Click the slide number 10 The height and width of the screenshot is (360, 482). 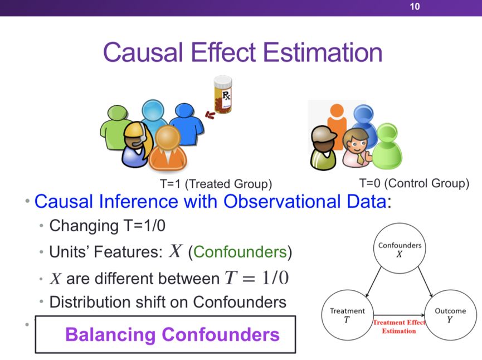(x=415, y=7)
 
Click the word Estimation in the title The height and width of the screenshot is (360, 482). (x=323, y=52)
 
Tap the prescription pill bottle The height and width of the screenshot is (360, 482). (x=223, y=95)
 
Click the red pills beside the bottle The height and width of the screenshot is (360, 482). (x=210, y=115)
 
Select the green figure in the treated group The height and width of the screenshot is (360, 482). (x=114, y=128)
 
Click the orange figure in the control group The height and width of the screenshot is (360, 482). (x=337, y=126)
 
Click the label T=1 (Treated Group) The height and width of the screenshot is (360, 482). (x=216, y=184)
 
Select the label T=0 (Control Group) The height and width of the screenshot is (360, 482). (x=414, y=183)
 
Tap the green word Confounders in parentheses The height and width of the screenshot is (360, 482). (x=240, y=252)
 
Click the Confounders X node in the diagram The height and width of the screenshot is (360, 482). (x=400, y=249)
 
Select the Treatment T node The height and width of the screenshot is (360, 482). (x=348, y=315)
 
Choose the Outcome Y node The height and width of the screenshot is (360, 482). (x=450, y=315)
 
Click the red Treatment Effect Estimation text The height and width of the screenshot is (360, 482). (x=399, y=327)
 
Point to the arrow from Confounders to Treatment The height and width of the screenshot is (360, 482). (x=373, y=281)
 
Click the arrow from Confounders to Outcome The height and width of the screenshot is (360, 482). (x=425, y=281)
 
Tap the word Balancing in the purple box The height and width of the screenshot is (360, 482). (x=110, y=334)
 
